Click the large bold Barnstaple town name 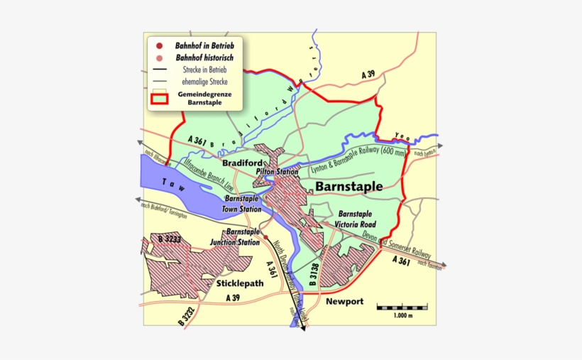click(x=348, y=187)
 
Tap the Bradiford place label click(x=243, y=163)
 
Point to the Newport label click(x=344, y=302)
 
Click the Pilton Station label click(x=277, y=172)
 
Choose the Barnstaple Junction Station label click(x=234, y=237)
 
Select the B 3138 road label click(x=313, y=274)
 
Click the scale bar click(x=402, y=307)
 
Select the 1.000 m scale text click(x=403, y=315)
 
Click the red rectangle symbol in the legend click(x=159, y=98)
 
